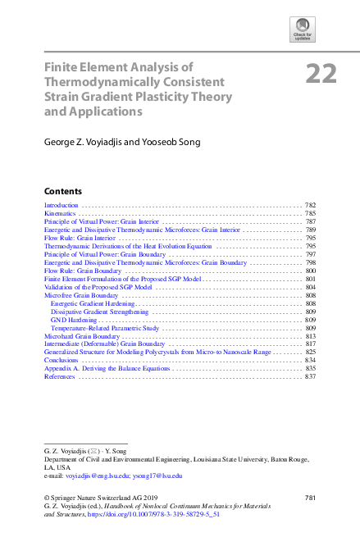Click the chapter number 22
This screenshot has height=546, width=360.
(x=321, y=75)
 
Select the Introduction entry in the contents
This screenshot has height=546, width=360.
(x=61, y=205)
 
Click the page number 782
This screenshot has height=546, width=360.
(x=310, y=205)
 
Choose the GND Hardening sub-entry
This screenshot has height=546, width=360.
(x=75, y=320)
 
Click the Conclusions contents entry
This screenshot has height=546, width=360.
(x=62, y=360)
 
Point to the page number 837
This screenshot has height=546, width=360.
(x=310, y=376)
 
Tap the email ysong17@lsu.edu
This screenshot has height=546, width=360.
(x=159, y=475)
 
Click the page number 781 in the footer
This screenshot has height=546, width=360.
(x=310, y=498)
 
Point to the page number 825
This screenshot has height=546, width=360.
(x=310, y=352)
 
